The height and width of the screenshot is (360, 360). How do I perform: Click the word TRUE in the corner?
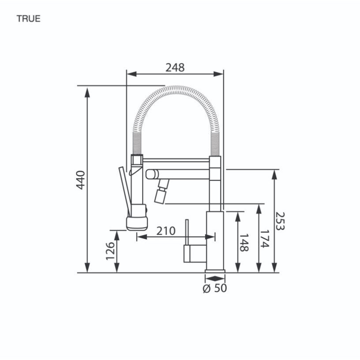click(x=29, y=19)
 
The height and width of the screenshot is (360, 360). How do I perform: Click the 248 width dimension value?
click(x=175, y=67)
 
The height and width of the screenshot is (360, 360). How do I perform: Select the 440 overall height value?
click(x=81, y=180)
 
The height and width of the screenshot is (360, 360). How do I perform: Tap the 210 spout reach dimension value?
click(x=166, y=231)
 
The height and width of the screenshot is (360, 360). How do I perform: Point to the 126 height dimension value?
click(x=110, y=251)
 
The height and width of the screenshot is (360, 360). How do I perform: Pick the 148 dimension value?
click(x=244, y=243)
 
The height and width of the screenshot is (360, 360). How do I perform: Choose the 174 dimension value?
click(x=264, y=239)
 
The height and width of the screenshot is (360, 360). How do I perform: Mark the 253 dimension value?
click(x=280, y=221)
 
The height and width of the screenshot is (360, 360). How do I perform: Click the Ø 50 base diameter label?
click(x=215, y=288)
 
